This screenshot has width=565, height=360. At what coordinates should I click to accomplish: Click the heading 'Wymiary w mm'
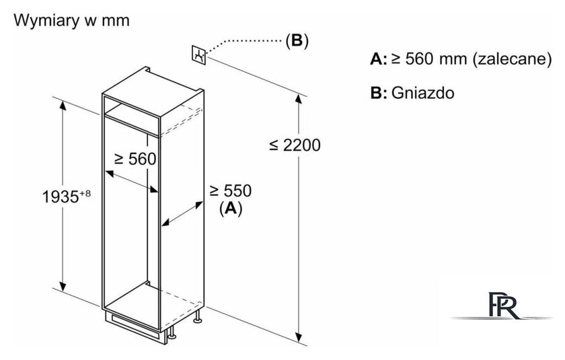pos(71,21)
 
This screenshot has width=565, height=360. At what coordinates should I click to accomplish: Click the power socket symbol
pos(198,55)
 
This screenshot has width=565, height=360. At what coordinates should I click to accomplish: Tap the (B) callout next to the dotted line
pos(297,40)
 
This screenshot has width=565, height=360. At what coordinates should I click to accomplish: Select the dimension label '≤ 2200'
pos(295,145)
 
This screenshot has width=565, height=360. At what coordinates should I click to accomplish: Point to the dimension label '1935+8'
pos(67,196)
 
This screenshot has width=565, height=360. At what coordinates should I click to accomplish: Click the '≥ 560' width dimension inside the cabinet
pos(135,159)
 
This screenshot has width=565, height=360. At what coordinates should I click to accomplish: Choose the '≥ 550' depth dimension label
pos(231,190)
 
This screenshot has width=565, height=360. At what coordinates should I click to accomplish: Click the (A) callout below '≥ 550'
pos(231,209)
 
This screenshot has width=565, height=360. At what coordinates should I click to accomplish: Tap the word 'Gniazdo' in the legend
pos(422,93)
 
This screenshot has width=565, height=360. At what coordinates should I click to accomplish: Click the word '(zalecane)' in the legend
pos(512,59)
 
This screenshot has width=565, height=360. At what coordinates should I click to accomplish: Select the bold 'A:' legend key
pos(378,59)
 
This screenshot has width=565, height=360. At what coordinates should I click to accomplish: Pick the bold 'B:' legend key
pos(378,93)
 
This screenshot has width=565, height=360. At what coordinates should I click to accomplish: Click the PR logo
pos(502,305)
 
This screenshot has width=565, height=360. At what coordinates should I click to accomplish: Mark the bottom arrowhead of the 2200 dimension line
pos(299,336)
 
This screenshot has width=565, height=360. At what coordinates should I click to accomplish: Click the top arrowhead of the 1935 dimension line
pos(63,106)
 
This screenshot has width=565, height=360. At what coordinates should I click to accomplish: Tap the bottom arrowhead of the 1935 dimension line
pos(63,286)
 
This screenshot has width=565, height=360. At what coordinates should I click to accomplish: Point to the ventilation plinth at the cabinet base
pos(135,324)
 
